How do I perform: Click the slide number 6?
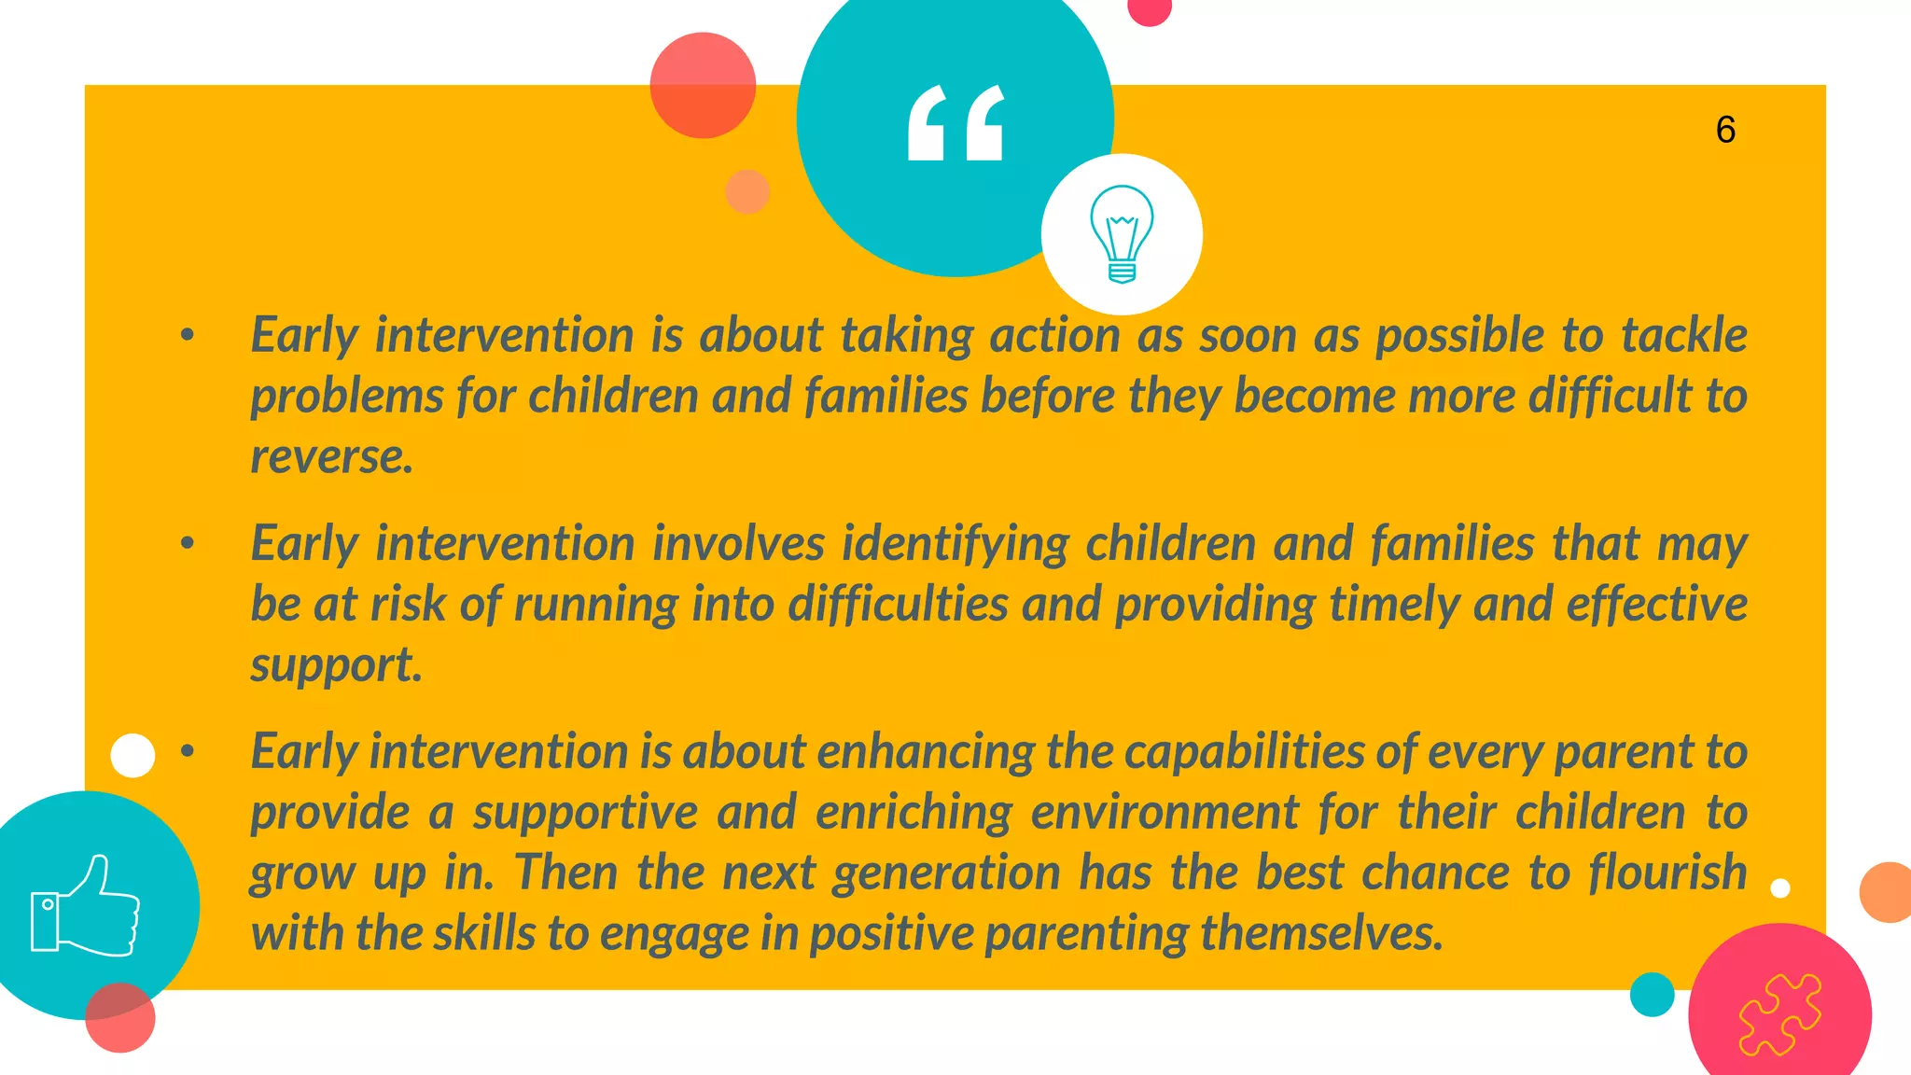1725,130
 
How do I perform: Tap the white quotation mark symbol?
955,123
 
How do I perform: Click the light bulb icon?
1122,233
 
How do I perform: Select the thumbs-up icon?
86,907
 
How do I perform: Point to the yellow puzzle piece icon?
1779,1014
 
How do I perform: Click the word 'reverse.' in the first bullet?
331,457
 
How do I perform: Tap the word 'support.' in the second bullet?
336,665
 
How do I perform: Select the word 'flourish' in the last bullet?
1667,873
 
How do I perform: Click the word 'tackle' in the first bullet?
1683,335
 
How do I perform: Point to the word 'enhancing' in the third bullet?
926,752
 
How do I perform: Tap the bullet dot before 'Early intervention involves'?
188,542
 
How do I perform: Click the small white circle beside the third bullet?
133,755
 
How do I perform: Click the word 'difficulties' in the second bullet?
898,605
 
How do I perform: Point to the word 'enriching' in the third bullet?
914,813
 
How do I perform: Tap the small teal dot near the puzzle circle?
1652,994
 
